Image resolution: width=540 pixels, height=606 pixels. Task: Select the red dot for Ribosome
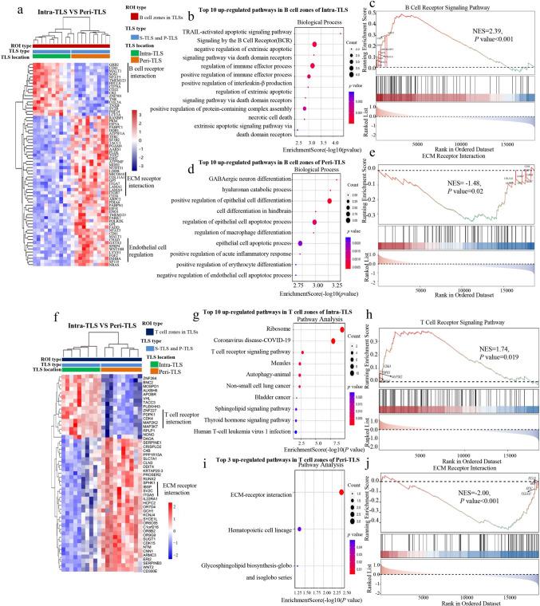342,329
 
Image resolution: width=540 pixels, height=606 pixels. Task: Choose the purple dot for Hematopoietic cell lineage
299,529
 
